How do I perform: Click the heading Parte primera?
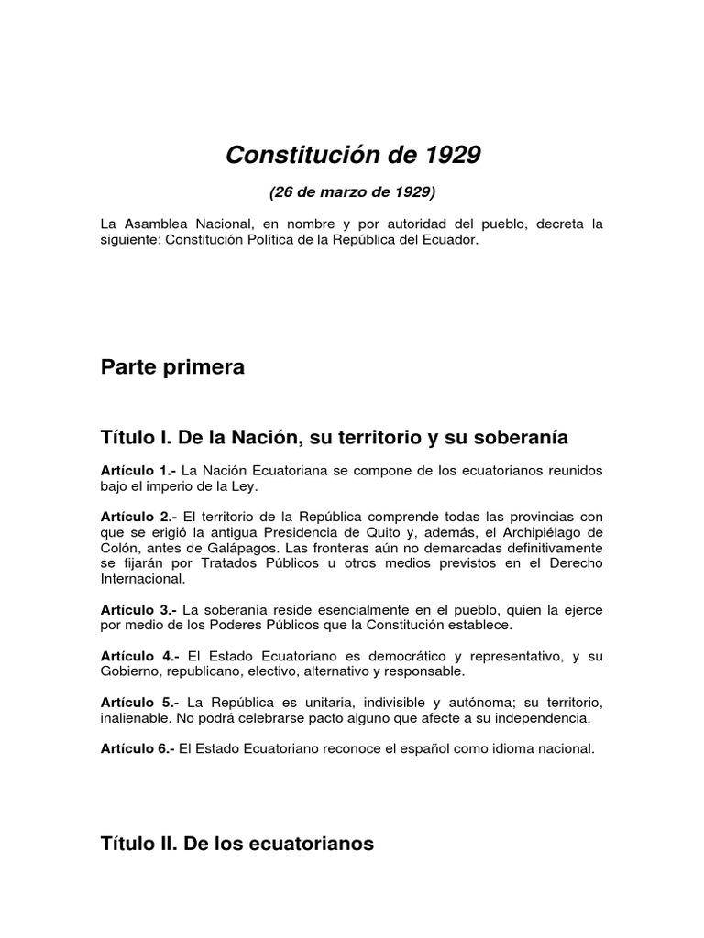point(173,367)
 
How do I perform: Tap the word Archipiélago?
point(542,532)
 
